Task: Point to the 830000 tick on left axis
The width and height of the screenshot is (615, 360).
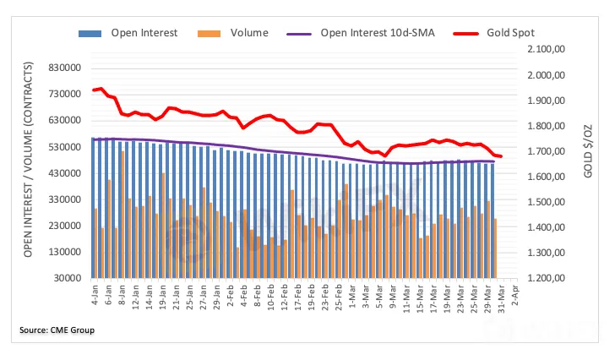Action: click(x=63, y=68)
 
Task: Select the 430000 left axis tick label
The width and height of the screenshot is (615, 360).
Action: click(x=63, y=173)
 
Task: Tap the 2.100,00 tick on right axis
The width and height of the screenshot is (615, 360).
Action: click(x=546, y=50)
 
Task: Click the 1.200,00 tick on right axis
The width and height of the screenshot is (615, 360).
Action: click(x=546, y=278)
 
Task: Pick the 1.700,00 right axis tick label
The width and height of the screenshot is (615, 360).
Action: click(x=546, y=151)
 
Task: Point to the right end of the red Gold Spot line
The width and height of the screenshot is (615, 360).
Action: click(x=501, y=156)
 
